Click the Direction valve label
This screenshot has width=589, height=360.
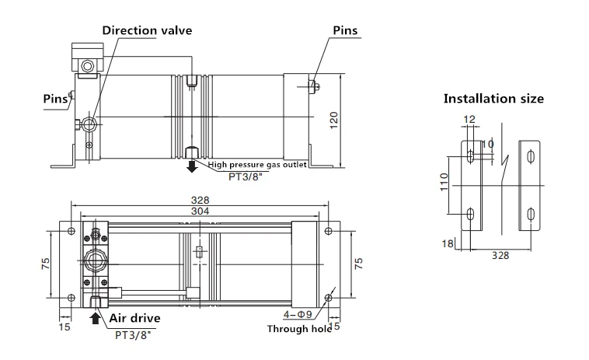[147, 30]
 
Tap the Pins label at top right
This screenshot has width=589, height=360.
[345, 30]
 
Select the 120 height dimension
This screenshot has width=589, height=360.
[334, 121]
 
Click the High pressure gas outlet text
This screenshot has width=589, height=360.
[257, 165]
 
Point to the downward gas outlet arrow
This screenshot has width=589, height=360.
[192, 166]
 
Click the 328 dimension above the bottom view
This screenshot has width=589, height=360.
[200, 201]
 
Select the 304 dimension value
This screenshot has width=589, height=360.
[200, 211]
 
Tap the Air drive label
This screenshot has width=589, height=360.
[135, 318]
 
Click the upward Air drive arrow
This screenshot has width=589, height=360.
[96, 318]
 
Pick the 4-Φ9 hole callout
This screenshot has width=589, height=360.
[298, 314]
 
